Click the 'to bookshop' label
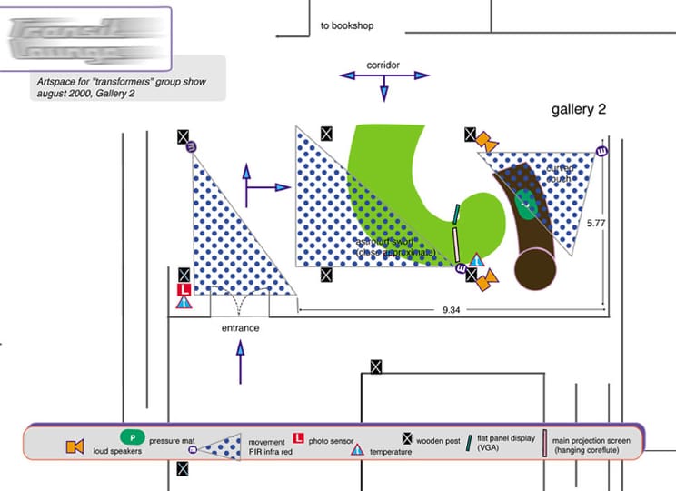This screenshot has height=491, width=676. (x=347, y=26)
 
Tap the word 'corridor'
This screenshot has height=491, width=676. (x=383, y=65)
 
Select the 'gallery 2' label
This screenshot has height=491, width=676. (x=579, y=110)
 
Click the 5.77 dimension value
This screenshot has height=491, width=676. (x=596, y=222)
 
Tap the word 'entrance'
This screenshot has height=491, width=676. (x=240, y=327)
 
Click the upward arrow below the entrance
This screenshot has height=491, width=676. (x=241, y=361)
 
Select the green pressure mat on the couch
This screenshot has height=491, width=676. (x=526, y=204)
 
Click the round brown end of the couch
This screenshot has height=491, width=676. (x=536, y=269)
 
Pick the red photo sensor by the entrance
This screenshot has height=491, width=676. (x=184, y=289)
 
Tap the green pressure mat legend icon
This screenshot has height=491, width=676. (x=133, y=436)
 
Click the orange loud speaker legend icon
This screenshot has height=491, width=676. (x=75, y=446)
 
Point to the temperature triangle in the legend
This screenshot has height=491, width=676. (x=357, y=450)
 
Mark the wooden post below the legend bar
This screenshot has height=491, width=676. (x=183, y=468)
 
